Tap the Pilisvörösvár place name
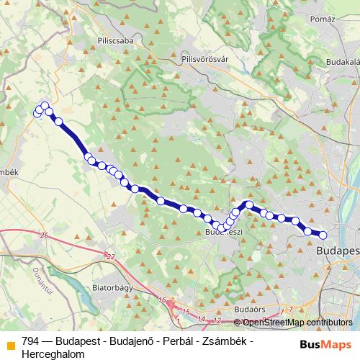coord(209,60)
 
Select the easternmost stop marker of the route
coord(323,235)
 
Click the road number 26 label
coord(44,235)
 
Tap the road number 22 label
coord(109,256)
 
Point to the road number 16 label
coord(162,299)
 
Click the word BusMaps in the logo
coord(326,344)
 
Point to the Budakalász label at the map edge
coord(343,63)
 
